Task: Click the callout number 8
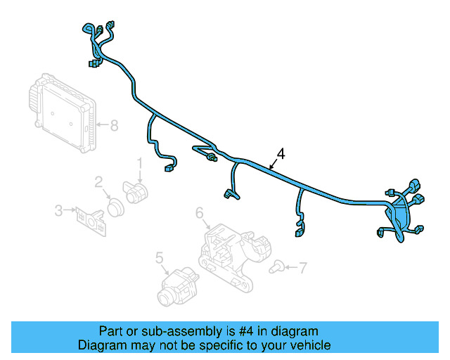(114, 125)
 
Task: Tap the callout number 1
(139, 163)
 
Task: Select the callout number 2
(98, 182)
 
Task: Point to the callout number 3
(58, 210)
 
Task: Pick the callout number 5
(160, 257)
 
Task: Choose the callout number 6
(200, 213)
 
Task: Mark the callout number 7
(303, 268)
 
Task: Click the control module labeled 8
(63, 112)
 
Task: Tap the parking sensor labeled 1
(136, 192)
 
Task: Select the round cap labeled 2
(115, 207)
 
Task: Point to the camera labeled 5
(178, 286)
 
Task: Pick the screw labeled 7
(276, 266)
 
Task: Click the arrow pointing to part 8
(103, 124)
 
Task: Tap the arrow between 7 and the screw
(291, 267)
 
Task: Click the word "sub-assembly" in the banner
(181, 332)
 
